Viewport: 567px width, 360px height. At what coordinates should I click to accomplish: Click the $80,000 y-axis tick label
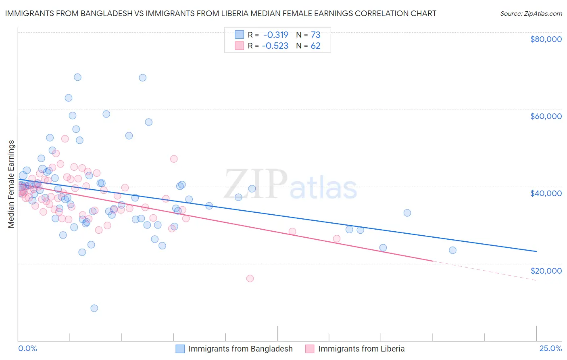546,39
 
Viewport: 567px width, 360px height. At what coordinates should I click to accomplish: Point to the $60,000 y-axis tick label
546,116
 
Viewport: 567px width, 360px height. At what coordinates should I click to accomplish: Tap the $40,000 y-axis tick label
546,193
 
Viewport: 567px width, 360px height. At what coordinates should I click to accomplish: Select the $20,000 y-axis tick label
546,270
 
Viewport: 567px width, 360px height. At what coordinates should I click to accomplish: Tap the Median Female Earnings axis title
11,184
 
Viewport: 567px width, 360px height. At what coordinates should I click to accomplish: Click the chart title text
221,13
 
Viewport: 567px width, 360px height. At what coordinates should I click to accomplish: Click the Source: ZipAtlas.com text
531,13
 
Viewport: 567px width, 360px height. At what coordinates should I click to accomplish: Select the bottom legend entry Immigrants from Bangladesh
240,349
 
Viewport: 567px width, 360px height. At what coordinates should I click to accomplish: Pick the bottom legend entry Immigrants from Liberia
361,349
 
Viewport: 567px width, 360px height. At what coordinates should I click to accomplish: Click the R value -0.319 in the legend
275,35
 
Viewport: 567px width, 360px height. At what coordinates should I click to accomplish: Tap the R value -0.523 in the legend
275,46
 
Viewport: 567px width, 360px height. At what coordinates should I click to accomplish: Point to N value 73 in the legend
315,35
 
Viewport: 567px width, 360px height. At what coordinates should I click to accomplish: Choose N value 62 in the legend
315,46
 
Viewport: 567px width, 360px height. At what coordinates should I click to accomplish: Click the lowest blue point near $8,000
94,308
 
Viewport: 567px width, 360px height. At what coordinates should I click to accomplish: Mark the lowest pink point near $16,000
250,278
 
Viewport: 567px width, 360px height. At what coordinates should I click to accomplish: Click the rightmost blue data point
452,250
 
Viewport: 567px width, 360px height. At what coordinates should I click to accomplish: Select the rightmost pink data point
337,239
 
